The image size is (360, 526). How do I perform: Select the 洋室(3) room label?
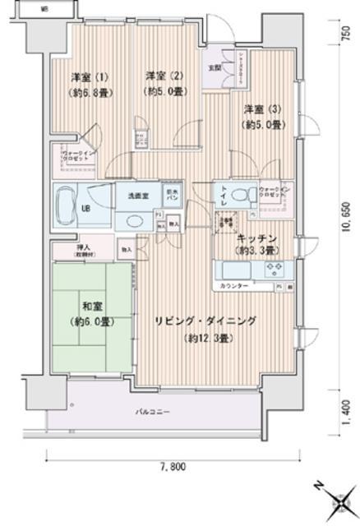260,109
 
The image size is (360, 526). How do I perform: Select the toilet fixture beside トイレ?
241,196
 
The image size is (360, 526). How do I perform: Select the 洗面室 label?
136,196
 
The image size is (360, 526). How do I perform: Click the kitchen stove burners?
274,268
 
